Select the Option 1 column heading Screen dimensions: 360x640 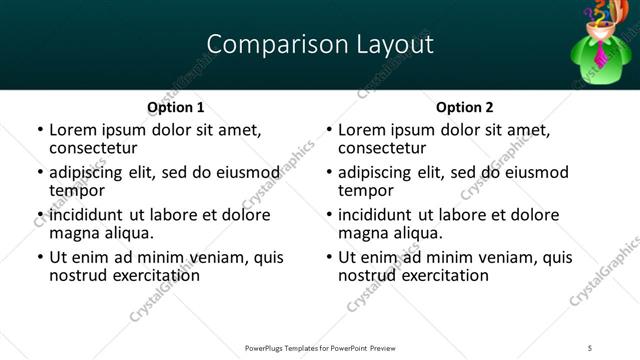[x=175, y=107]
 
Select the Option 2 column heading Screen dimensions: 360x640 [x=465, y=107]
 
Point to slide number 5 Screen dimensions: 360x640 [x=591, y=348]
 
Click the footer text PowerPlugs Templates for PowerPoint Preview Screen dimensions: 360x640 [x=320, y=348]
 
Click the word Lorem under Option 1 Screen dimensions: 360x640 [x=74, y=130]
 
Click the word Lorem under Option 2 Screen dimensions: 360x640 [x=363, y=130]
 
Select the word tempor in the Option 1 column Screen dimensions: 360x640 [x=77, y=190]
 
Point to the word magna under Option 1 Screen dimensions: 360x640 [x=74, y=232]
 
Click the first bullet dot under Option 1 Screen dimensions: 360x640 [x=39, y=131]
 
